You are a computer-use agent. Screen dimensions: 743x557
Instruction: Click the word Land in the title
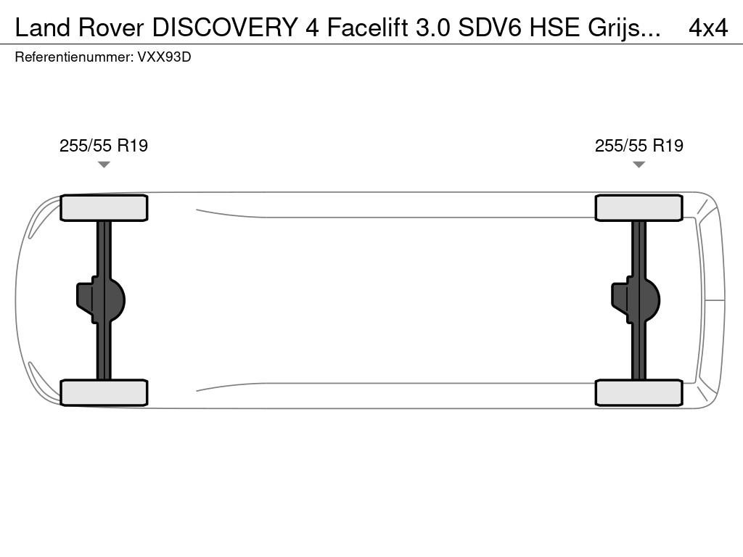click(43, 28)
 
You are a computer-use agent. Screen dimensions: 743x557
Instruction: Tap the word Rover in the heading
click(111, 28)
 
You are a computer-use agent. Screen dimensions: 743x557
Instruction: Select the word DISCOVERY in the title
click(224, 28)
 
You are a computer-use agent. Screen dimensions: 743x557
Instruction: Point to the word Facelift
click(367, 28)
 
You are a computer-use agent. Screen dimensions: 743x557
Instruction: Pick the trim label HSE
click(554, 28)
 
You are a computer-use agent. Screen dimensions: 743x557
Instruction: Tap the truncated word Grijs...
click(624, 28)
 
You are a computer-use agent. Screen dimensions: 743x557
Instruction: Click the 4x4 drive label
click(708, 28)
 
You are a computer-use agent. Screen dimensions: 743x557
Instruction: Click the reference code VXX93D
click(164, 57)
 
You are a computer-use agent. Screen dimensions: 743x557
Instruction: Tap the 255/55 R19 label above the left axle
click(103, 145)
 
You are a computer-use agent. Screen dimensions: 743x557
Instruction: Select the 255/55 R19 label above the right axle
click(639, 145)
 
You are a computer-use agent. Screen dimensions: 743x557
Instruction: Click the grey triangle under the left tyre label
click(104, 165)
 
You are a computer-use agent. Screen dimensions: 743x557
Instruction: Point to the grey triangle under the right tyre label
click(639, 165)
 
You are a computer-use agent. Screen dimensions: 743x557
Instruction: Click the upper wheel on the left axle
click(104, 208)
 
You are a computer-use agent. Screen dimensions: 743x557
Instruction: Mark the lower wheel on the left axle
click(104, 392)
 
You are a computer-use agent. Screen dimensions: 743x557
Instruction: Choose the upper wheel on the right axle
click(639, 208)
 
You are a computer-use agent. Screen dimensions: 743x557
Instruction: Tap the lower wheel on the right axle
click(639, 392)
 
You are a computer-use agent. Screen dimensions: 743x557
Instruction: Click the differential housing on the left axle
click(101, 300)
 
